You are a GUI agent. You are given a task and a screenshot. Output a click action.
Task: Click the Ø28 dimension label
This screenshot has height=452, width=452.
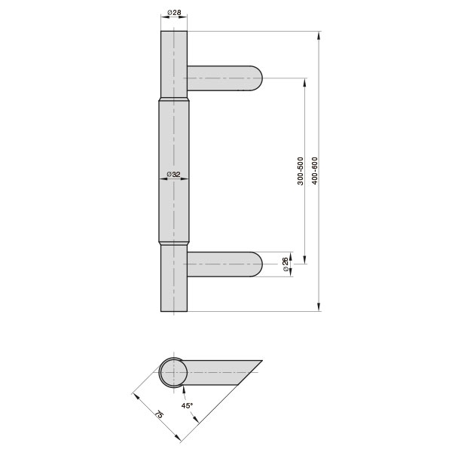coord(174,13)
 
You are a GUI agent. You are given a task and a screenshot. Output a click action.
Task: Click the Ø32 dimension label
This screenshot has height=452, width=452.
coord(174,175)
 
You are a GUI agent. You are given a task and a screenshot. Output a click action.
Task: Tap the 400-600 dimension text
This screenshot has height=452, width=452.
coord(314,171)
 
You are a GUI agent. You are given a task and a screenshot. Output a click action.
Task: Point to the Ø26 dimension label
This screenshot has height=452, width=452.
coord(285,264)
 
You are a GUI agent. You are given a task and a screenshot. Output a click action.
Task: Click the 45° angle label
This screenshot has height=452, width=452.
coord(188,405)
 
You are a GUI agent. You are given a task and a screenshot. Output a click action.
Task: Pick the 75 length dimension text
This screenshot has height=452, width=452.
coord(159,416)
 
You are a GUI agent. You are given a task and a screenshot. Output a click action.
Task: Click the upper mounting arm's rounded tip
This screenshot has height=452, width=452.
coord(258,78)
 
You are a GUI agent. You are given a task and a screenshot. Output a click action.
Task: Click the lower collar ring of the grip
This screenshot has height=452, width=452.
coord(174,243)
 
